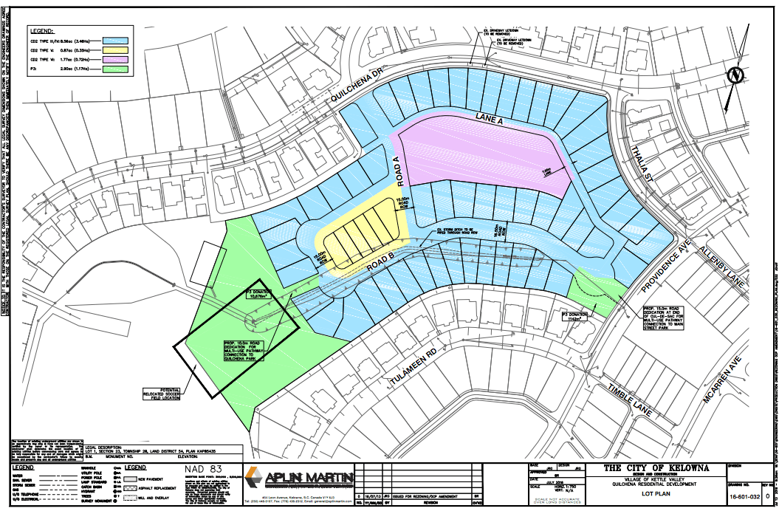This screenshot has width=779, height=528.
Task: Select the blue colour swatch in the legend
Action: click(115, 41)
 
